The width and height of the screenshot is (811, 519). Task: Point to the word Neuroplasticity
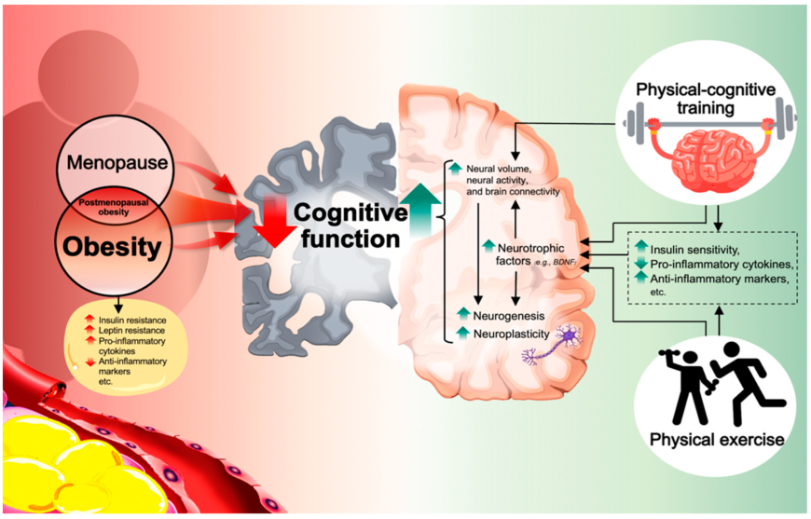(509, 333)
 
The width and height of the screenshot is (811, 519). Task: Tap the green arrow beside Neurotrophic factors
(489, 246)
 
